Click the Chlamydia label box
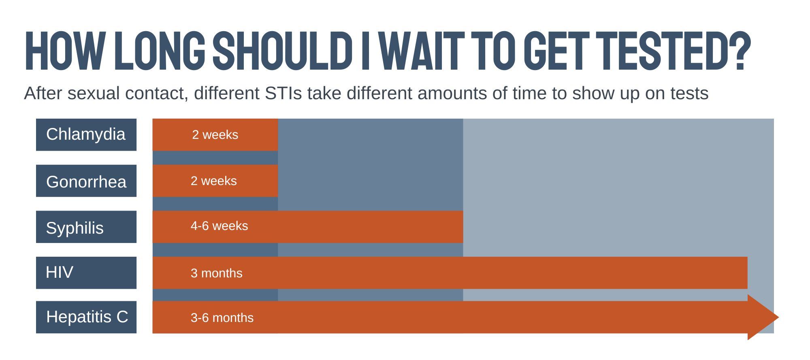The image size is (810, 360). click(x=86, y=134)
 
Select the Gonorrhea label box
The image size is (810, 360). click(x=86, y=181)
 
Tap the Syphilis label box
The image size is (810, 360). click(x=86, y=227)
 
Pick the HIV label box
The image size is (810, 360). click(x=86, y=273)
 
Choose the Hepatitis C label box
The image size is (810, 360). click(x=86, y=317)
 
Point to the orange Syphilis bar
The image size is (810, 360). click(x=344, y=227)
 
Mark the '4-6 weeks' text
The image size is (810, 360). click(x=219, y=226)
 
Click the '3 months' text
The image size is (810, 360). click(x=216, y=273)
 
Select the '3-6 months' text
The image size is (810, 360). click(x=222, y=318)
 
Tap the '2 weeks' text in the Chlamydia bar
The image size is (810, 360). click(x=215, y=135)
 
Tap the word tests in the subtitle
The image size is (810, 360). click(x=689, y=94)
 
